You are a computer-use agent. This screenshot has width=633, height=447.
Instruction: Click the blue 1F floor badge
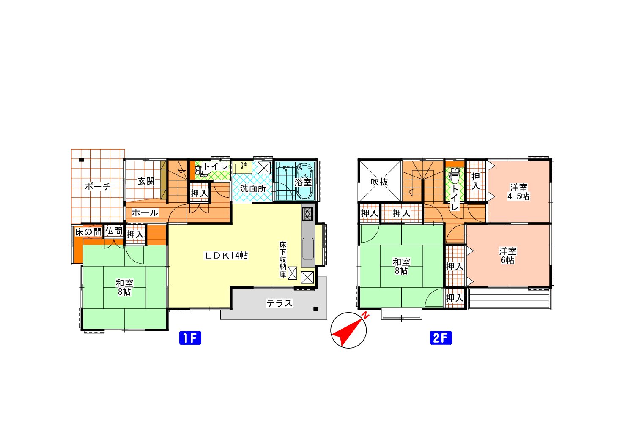point(190,338)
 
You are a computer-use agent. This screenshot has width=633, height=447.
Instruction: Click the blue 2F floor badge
point(441,338)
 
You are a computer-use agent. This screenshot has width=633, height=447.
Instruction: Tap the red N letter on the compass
point(366,316)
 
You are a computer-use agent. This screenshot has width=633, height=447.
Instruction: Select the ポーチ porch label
point(98,187)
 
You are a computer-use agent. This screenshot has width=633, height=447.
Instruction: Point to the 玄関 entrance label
point(146,181)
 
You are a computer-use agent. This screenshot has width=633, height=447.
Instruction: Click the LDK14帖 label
point(226,256)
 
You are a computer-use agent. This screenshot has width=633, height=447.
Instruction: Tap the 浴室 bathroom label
point(303,182)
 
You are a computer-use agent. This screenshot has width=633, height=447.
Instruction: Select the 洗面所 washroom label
point(253,188)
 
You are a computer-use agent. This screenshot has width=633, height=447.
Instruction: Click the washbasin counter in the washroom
point(242,168)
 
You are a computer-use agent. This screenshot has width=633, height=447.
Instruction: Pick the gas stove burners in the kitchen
point(308,213)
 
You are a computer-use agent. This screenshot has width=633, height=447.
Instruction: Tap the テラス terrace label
point(279,303)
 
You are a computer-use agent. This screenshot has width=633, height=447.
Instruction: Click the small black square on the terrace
point(315,309)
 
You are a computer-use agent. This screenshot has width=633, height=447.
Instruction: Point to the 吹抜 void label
point(380,182)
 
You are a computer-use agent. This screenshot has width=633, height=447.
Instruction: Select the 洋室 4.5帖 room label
point(518,192)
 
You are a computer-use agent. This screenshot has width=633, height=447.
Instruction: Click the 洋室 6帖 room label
point(507,256)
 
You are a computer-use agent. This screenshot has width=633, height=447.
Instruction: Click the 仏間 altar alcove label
point(114,231)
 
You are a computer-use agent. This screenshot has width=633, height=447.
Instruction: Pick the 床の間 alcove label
point(88,232)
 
